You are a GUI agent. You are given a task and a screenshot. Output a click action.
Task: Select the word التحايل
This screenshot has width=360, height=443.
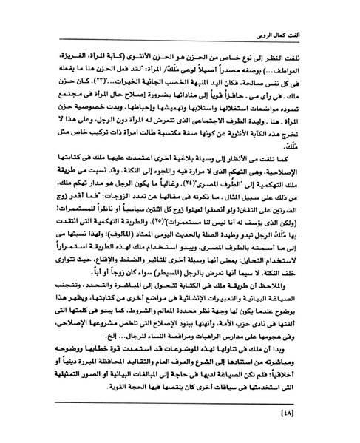[274, 274]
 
